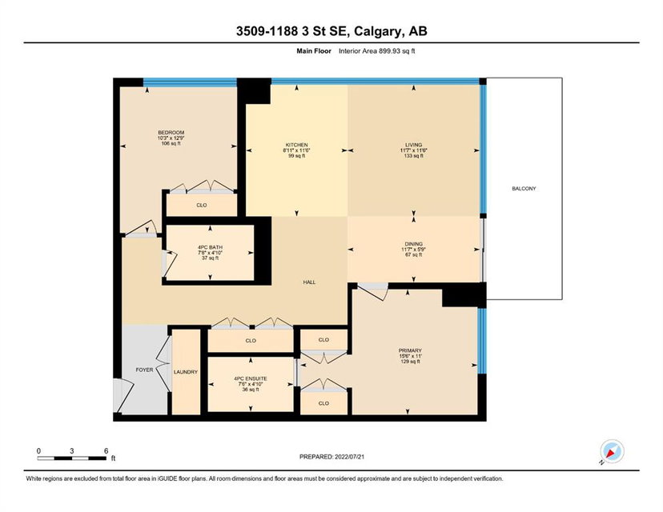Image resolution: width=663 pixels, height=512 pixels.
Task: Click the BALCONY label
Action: (524, 189)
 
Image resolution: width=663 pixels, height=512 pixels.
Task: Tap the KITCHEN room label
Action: (296, 145)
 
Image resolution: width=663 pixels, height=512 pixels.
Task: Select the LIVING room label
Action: (413, 145)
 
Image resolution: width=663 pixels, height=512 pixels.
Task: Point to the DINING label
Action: (413, 244)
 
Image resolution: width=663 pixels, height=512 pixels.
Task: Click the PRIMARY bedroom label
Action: (410, 350)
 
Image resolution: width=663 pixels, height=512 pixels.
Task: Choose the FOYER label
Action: (144, 370)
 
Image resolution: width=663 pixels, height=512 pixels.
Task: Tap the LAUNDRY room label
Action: (186, 372)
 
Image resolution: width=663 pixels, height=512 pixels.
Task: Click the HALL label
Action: (309, 282)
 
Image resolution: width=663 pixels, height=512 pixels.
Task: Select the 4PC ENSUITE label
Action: (251, 379)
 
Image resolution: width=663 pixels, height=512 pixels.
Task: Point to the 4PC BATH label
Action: (210, 247)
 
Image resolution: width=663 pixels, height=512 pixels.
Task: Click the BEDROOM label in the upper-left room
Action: (171, 133)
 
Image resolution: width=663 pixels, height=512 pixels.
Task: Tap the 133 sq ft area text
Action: (413, 155)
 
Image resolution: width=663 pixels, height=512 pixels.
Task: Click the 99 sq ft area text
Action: (296, 155)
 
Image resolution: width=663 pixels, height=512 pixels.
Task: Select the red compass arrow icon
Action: (611, 454)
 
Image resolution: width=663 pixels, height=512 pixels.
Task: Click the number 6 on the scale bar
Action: (106, 450)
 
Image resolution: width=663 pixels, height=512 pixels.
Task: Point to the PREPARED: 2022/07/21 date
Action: (332, 457)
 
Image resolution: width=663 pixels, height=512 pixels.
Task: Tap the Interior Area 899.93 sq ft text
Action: (377, 50)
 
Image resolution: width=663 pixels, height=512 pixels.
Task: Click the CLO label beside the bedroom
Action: (202, 205)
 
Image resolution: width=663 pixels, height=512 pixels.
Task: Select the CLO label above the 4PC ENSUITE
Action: (251, 341)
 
